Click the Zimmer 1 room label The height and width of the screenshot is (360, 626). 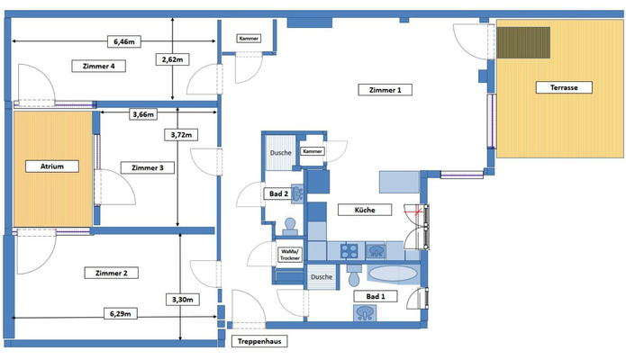click(x=385, y=90)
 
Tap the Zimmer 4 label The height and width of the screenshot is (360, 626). click(x=98, y=66)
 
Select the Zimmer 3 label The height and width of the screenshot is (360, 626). click(x=148, y=167)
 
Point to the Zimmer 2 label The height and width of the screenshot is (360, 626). click(x=112, y=273)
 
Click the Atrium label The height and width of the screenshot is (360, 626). click(x=52, y=166)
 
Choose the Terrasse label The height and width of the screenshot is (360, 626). click(x=564, y=87)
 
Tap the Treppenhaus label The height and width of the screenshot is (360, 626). click(x=259, y=341)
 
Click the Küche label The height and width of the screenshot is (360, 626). click(x=365, y=210)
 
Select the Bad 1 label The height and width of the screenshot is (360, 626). click(x=376, y=296)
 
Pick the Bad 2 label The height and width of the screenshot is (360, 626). click(x=278, y=193)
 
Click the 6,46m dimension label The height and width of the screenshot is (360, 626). click(x=124, y=41)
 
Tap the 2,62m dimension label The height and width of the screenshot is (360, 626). click(x=172, y=59)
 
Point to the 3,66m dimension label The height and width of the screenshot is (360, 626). click(x=143, y=114)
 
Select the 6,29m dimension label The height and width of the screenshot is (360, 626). click(x=121, y=313)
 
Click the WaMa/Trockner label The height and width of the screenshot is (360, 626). click(x=290, y=255)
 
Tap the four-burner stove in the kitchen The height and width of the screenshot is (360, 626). click(x=349, y=251)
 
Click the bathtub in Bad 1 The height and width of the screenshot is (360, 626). click(x=393, y=274)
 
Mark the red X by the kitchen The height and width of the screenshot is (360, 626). click(x=418, y=211)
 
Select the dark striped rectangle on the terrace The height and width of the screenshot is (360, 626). click(x=523, y=42)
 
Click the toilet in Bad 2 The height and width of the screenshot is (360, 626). click(x=290, y=226)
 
